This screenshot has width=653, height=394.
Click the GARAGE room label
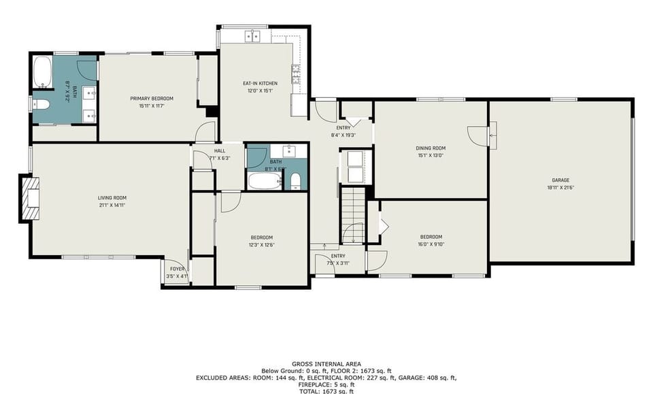(x=560, y=180)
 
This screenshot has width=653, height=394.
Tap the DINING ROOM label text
(x=430, y=148)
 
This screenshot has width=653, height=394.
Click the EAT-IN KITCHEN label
(x=260, y=83)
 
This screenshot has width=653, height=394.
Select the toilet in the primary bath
(x=40, y=104)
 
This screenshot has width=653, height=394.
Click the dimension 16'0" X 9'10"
(x=431, y=244)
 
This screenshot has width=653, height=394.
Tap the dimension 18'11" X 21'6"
(x=560, y=187)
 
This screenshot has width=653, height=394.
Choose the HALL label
(x=219, y=151)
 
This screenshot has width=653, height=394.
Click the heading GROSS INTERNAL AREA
(x=326, y=363)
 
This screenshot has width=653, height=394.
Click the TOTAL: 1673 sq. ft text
(x=326, y=391)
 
